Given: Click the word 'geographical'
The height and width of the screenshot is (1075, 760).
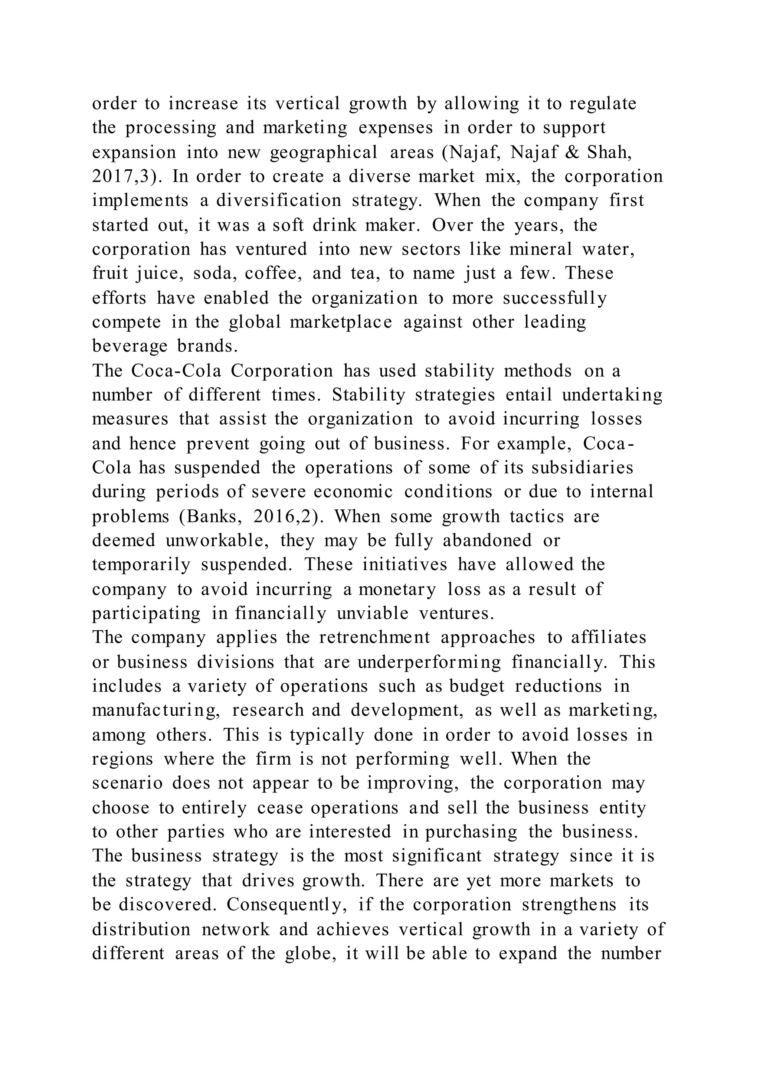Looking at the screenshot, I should click(323, 152).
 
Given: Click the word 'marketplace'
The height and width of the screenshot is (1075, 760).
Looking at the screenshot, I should click(341, 322).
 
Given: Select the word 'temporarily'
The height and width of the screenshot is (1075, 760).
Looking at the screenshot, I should click(141, 565).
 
